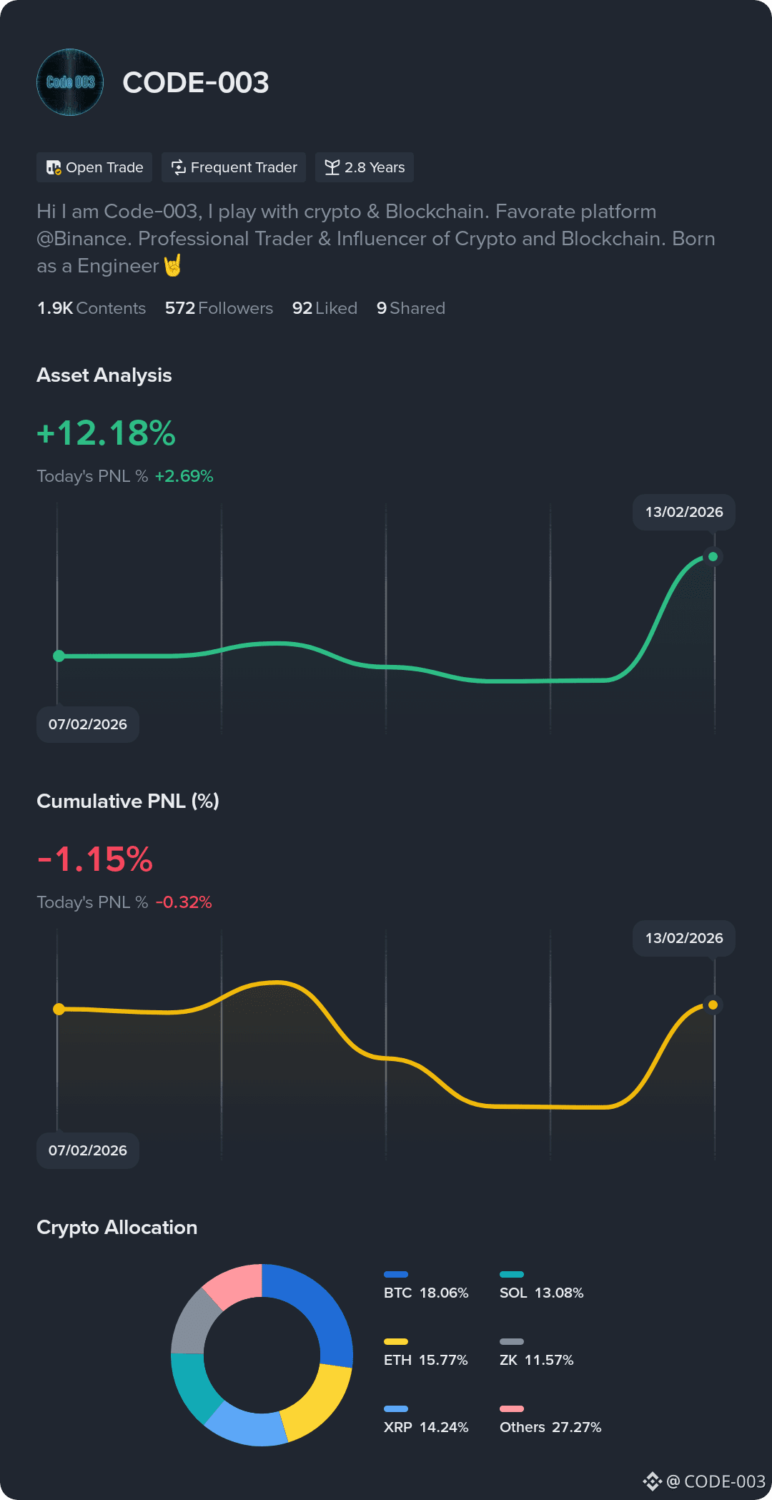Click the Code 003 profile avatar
[70, 82]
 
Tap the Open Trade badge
[94, 167]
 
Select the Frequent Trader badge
[234, 167]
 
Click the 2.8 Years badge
[365, 167]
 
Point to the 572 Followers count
[219, 308]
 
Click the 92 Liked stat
[325, 308]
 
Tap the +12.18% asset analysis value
[106, 433]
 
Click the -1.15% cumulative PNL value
[95, 859]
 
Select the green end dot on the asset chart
[713, 556]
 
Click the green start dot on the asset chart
[59, 656]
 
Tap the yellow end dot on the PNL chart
[713, 1005]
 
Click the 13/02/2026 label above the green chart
[684, 512]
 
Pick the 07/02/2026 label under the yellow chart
[88, 1150]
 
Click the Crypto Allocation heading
[117, 1228]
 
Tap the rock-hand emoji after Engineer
[173, 265]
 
